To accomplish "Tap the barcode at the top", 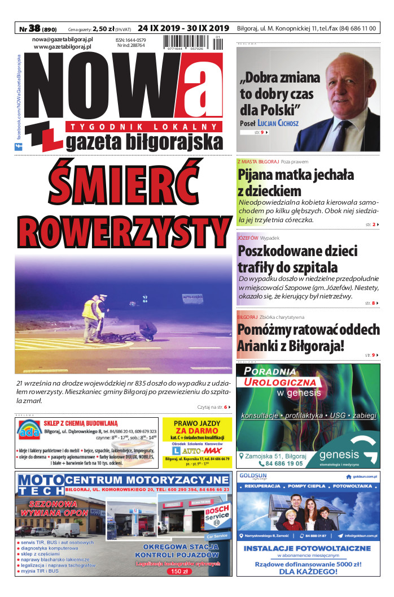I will coord(192,44).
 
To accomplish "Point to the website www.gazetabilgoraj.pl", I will coord(63,47).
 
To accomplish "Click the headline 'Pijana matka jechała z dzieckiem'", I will coord(296,182).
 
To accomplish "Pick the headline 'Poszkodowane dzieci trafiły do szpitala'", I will coord(297,259).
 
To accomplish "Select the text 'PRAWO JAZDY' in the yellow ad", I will coord(197,423).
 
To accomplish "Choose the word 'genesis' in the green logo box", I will coord(339,455).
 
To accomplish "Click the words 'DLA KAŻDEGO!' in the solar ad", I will coord(308,571).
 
